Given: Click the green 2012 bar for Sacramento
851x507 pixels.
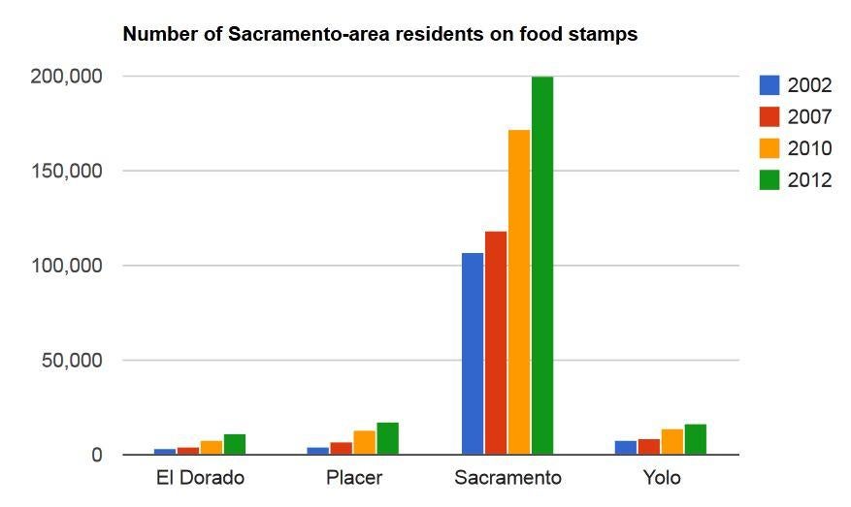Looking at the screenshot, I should coord(542,266).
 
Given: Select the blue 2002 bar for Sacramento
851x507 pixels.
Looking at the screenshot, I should coord(473,354).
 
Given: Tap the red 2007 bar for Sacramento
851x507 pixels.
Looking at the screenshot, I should coord(496,343).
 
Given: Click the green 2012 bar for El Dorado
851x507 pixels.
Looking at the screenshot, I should coord(235,444).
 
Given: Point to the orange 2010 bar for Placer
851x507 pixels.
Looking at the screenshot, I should coord(364,443).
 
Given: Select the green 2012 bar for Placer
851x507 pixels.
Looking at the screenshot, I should coord(388,439).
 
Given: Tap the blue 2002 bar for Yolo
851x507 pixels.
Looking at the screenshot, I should coord(626,448).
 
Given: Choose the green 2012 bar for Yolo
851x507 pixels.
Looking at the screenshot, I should coord(696,440).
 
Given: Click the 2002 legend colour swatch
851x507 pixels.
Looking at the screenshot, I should coord(769,85).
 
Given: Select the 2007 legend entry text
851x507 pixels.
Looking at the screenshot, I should coord(809,117).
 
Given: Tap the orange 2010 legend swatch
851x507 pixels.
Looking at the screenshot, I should coord(769,148).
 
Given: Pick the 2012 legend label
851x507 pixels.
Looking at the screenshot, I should coord(809,180).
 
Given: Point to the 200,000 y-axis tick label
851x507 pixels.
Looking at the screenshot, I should coord(66,77).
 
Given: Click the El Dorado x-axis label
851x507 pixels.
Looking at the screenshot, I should coord(200,478).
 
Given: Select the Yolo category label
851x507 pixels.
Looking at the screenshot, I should coord(661,478).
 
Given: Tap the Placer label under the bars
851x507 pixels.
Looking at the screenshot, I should coord(354,478).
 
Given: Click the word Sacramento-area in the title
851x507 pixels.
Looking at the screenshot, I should coord(298,35).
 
